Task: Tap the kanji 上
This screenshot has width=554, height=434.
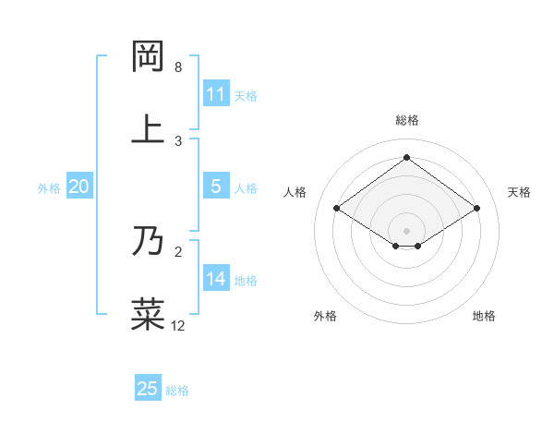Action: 149,128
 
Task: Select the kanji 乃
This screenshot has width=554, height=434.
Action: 149,241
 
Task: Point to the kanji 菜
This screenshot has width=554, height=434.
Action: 149,314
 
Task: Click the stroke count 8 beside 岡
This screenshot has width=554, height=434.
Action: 178,67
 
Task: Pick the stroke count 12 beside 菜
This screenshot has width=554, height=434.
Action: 178,325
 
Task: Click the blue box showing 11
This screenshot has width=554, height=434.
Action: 215,94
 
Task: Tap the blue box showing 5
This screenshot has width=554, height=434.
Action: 215,187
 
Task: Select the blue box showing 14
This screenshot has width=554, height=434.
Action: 215,279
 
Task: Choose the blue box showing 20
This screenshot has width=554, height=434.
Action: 78,187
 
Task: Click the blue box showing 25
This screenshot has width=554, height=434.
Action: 147,389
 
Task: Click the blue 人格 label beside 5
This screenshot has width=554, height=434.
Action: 246,188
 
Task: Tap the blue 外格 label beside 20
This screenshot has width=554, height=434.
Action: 49,188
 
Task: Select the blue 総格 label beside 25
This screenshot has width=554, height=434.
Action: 177,391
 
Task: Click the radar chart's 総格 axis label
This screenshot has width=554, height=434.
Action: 406,120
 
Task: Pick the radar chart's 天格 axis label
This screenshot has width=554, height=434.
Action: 519,192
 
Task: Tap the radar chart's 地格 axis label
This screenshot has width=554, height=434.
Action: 484,316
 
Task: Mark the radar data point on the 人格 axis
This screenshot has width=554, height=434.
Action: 337,209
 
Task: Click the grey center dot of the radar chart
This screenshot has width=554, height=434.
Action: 406,230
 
